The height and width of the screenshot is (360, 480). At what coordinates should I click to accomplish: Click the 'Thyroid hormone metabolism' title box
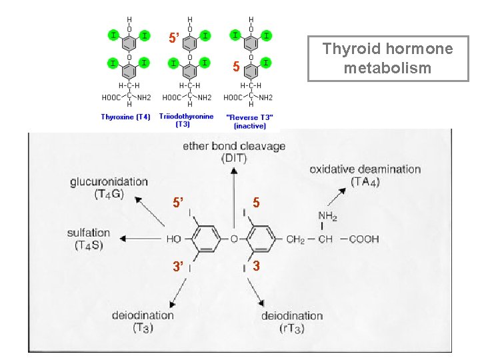click(388, 59)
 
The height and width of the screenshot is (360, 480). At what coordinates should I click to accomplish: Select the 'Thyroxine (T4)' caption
click(125, 117)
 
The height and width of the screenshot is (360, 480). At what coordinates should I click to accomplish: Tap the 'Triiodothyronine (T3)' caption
click(186, 120)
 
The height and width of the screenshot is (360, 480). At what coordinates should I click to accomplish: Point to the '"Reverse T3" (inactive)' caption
click(249, 121)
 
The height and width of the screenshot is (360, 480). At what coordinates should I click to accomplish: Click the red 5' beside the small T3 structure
click(174, 38)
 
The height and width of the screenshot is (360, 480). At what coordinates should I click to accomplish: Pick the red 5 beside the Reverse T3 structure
click(236, 67)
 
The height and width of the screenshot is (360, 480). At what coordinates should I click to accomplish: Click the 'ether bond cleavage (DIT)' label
click(234, 152)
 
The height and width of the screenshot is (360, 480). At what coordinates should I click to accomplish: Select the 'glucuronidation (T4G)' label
click(109, 187)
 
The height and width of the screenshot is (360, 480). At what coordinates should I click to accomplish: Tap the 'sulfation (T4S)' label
click(89, 239)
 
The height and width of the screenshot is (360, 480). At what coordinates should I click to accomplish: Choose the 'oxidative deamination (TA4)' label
click(365, 175)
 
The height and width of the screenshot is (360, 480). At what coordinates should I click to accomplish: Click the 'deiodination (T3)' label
click(143, 321)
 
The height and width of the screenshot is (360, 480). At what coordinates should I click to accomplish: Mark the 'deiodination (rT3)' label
click(292, 322)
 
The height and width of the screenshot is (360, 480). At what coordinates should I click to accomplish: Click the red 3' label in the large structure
click(178, 266)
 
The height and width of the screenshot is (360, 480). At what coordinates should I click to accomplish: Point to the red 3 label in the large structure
click(256, 266)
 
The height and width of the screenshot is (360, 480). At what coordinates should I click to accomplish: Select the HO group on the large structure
click(174, 239)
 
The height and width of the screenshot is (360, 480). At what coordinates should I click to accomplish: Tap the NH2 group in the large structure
click(327, 216)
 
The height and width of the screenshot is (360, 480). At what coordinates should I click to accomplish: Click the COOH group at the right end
click(364, 239)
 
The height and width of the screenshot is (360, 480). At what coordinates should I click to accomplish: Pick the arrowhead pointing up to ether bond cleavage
click(234, 171)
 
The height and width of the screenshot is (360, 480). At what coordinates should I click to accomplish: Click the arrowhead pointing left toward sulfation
click(123, 239)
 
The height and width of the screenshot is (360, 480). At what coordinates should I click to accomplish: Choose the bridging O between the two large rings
click(234, 239)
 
